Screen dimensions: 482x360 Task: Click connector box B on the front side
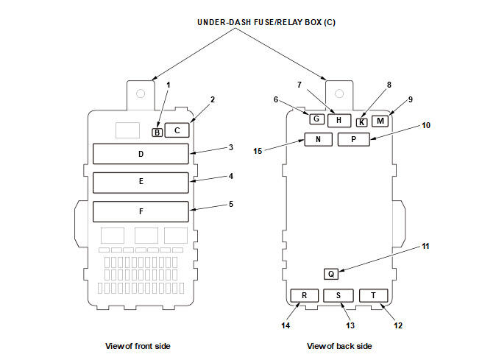pos(157,133)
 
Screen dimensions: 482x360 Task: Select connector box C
pos(177,130)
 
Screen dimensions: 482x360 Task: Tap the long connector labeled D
pos(141,154)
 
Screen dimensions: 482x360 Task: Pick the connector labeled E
pos(141,183)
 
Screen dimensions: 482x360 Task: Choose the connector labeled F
pos(141,211)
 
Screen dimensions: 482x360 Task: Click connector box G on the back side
pos(317,119)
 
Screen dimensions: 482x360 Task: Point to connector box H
pos(339,120)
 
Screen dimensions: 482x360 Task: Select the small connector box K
pos(362,122)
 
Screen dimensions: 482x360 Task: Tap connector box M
pos(380,121)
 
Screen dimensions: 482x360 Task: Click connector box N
pos(318,139)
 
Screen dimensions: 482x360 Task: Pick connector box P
pos(353,139)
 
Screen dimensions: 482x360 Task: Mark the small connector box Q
pos(331,274)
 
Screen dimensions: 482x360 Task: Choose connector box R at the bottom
pos(305,295)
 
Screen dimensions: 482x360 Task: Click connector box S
pos(339,295)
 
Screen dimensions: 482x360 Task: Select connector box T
pos(374,295)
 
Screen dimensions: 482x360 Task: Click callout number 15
pos(258,151)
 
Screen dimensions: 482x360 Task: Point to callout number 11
pos(425,246)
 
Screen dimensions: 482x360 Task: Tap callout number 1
pos(168,85)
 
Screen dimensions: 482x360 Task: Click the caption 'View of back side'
pos(339,346)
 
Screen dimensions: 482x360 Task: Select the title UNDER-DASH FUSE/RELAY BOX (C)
pos(266,22)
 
